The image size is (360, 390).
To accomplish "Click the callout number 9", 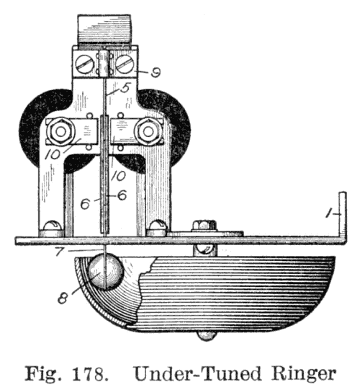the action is click(156, 72).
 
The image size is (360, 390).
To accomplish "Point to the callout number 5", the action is click(125, 88).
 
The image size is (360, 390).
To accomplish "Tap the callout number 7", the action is click(59, 251).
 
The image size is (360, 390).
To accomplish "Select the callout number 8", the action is click(63, 298).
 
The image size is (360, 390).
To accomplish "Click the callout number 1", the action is click(330, 213).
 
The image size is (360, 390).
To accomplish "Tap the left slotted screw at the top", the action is click(84, 64).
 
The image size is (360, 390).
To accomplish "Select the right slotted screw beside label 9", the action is click(125, 64).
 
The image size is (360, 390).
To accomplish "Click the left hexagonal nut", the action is click(60, 132).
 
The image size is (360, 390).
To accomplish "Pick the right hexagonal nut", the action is click(148, 132).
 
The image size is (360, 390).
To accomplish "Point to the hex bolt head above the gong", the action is click(204, 225).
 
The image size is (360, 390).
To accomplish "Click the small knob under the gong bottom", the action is click(206, 335).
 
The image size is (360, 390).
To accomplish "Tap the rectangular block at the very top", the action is click(104, 30).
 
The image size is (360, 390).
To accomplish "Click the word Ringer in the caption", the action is click(303, 375).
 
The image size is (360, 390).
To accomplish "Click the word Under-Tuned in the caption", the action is click(197, 373).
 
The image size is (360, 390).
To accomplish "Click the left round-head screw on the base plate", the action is click(52, 226).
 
